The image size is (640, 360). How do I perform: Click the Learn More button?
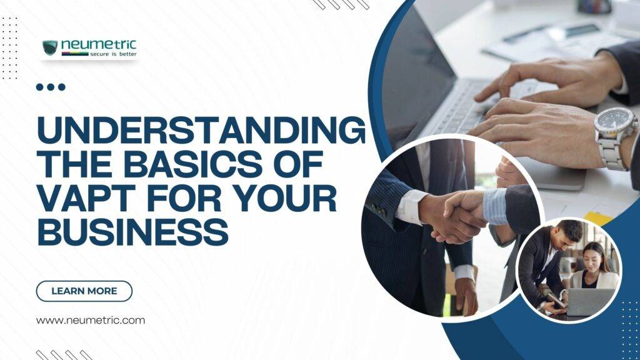coord(84,291)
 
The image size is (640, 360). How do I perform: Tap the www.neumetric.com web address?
coord(90,321)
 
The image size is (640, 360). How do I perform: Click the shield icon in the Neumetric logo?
coord(50,47)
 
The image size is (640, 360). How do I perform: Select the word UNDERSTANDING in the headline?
coord(201,130)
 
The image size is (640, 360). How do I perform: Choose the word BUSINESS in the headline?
coord(132,231)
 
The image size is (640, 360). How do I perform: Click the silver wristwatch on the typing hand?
coord(615,138)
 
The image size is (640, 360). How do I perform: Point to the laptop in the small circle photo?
coord(589,302)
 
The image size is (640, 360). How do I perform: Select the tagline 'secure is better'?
coord(114,54)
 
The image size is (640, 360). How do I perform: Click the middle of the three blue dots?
coord(51,87)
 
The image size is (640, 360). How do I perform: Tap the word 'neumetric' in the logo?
coord(98,44)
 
